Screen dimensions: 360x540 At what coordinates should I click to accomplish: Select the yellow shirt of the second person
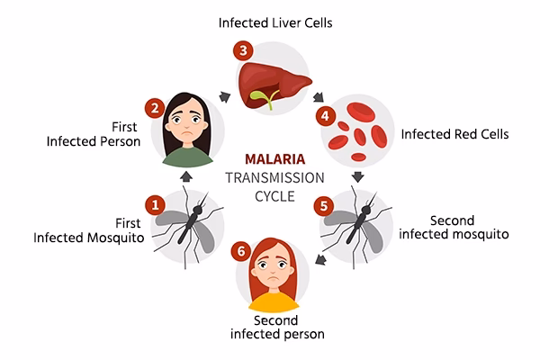click(271, 300)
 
